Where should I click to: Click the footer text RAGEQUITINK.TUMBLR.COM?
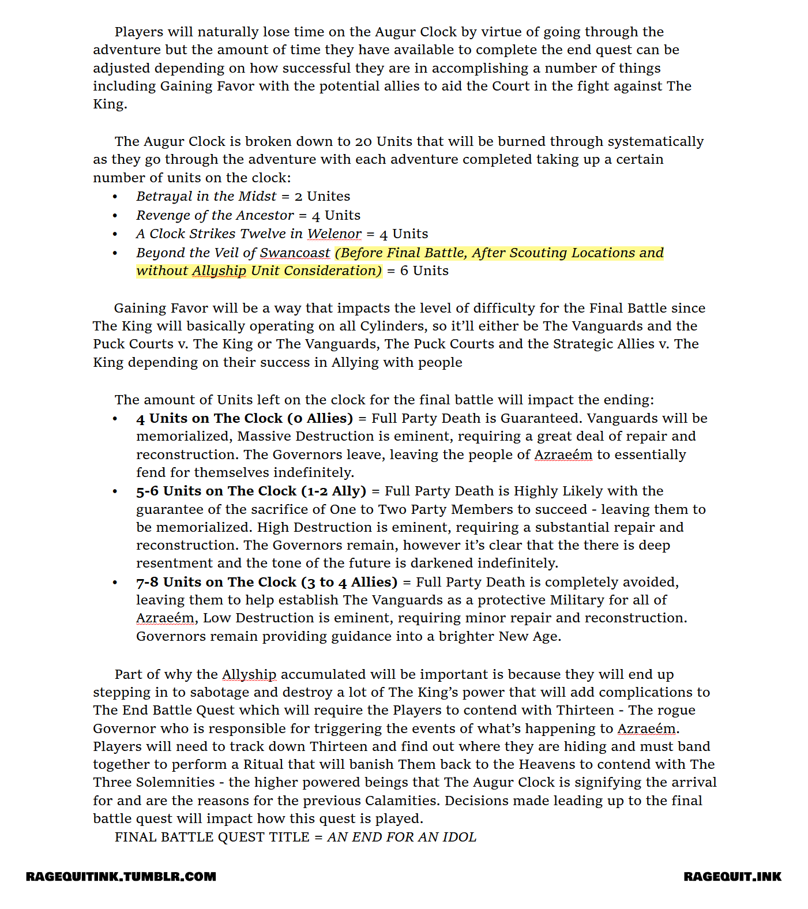pyautogui.click(x=121, y=877)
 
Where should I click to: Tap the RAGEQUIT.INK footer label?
pyautogui.click(x=732, y=877)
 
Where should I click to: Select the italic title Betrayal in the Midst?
pyautogui.click(x=206, y=197)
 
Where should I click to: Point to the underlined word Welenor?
pyautogui.click(x=334, y=234)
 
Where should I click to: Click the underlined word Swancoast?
pyautogui.click(x=295, y=253)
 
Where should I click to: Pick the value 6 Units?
pyautogui.click(x=424, y=271)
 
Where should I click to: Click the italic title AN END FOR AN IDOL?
pyautogui.click(x=402, y=837)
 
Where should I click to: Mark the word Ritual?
pyautogui.click(x=264, y=765)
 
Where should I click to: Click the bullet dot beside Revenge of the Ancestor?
pyautogui.click(x=115, y=216)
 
